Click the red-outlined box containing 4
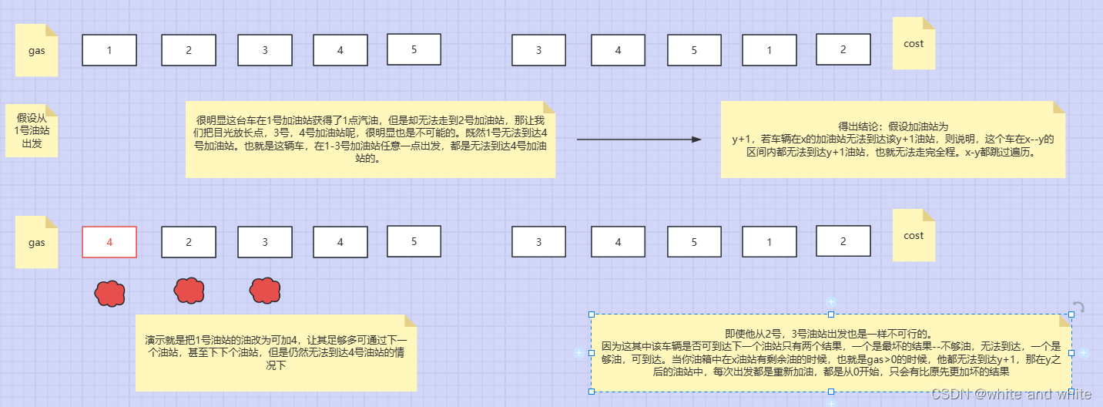[109, 242]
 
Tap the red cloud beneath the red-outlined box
[110, 293]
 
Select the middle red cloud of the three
[189, 291]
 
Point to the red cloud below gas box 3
[265, 291]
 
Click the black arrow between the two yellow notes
[639, 140]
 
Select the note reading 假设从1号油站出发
[32, 130]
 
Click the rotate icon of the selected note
[1078, 308]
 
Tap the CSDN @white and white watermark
[1011, 394]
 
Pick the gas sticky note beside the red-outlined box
[37, 243]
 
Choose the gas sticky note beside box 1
[37, 50]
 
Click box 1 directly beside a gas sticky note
[109, 50]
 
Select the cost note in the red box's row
[914, 235]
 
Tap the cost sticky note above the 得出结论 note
[914, 44]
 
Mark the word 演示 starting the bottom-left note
[154, 340]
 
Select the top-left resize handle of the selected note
[592, 314]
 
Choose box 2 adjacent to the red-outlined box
[189, 242]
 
